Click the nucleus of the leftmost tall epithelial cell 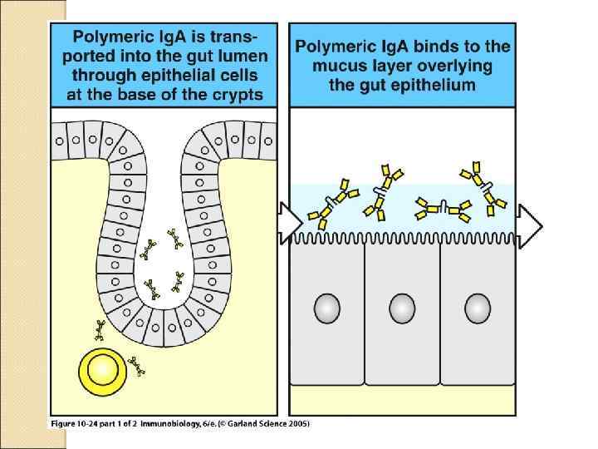click(326, 308)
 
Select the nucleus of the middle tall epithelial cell click(402, 308)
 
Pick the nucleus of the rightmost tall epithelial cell click(477, 308)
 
